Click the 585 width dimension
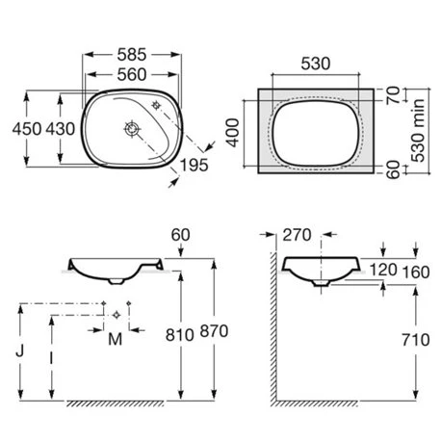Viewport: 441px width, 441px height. point(132,55)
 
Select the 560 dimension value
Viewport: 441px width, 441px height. point(132,75)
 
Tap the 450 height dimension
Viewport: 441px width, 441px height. point(27,129)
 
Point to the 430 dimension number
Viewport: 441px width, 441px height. point(61,129)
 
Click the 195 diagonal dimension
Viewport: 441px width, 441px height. point(194,166)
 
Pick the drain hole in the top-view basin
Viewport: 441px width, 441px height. point(132,129)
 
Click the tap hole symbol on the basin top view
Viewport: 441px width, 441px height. point(156,105)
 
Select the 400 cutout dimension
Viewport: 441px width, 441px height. point(233,133)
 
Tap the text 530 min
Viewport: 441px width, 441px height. point(418,130)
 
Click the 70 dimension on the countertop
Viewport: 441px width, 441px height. point(393,95)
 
